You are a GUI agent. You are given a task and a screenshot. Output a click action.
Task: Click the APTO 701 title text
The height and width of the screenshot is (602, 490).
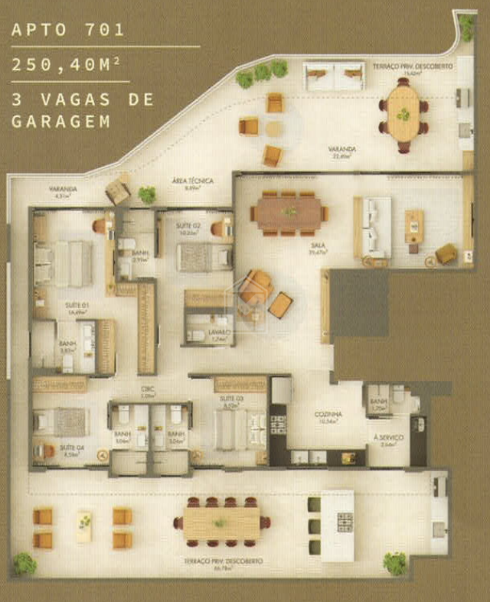(67, 31)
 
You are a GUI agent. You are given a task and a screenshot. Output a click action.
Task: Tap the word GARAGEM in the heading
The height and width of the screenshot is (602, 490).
(60, 121)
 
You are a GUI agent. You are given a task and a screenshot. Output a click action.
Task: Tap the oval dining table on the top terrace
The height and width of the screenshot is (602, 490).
(403, 113)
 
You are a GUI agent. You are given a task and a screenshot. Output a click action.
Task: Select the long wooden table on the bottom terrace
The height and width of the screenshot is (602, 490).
(222, 522)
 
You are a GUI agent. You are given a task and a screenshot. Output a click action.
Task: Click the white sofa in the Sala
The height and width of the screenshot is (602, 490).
(376, 227)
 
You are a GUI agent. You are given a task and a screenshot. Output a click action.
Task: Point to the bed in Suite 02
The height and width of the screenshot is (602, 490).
(204, 256)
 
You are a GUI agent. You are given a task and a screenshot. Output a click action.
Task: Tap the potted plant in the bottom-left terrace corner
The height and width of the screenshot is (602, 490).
(24, 563)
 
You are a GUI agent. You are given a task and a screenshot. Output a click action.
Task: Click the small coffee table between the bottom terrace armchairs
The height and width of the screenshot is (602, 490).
(84, 526)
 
